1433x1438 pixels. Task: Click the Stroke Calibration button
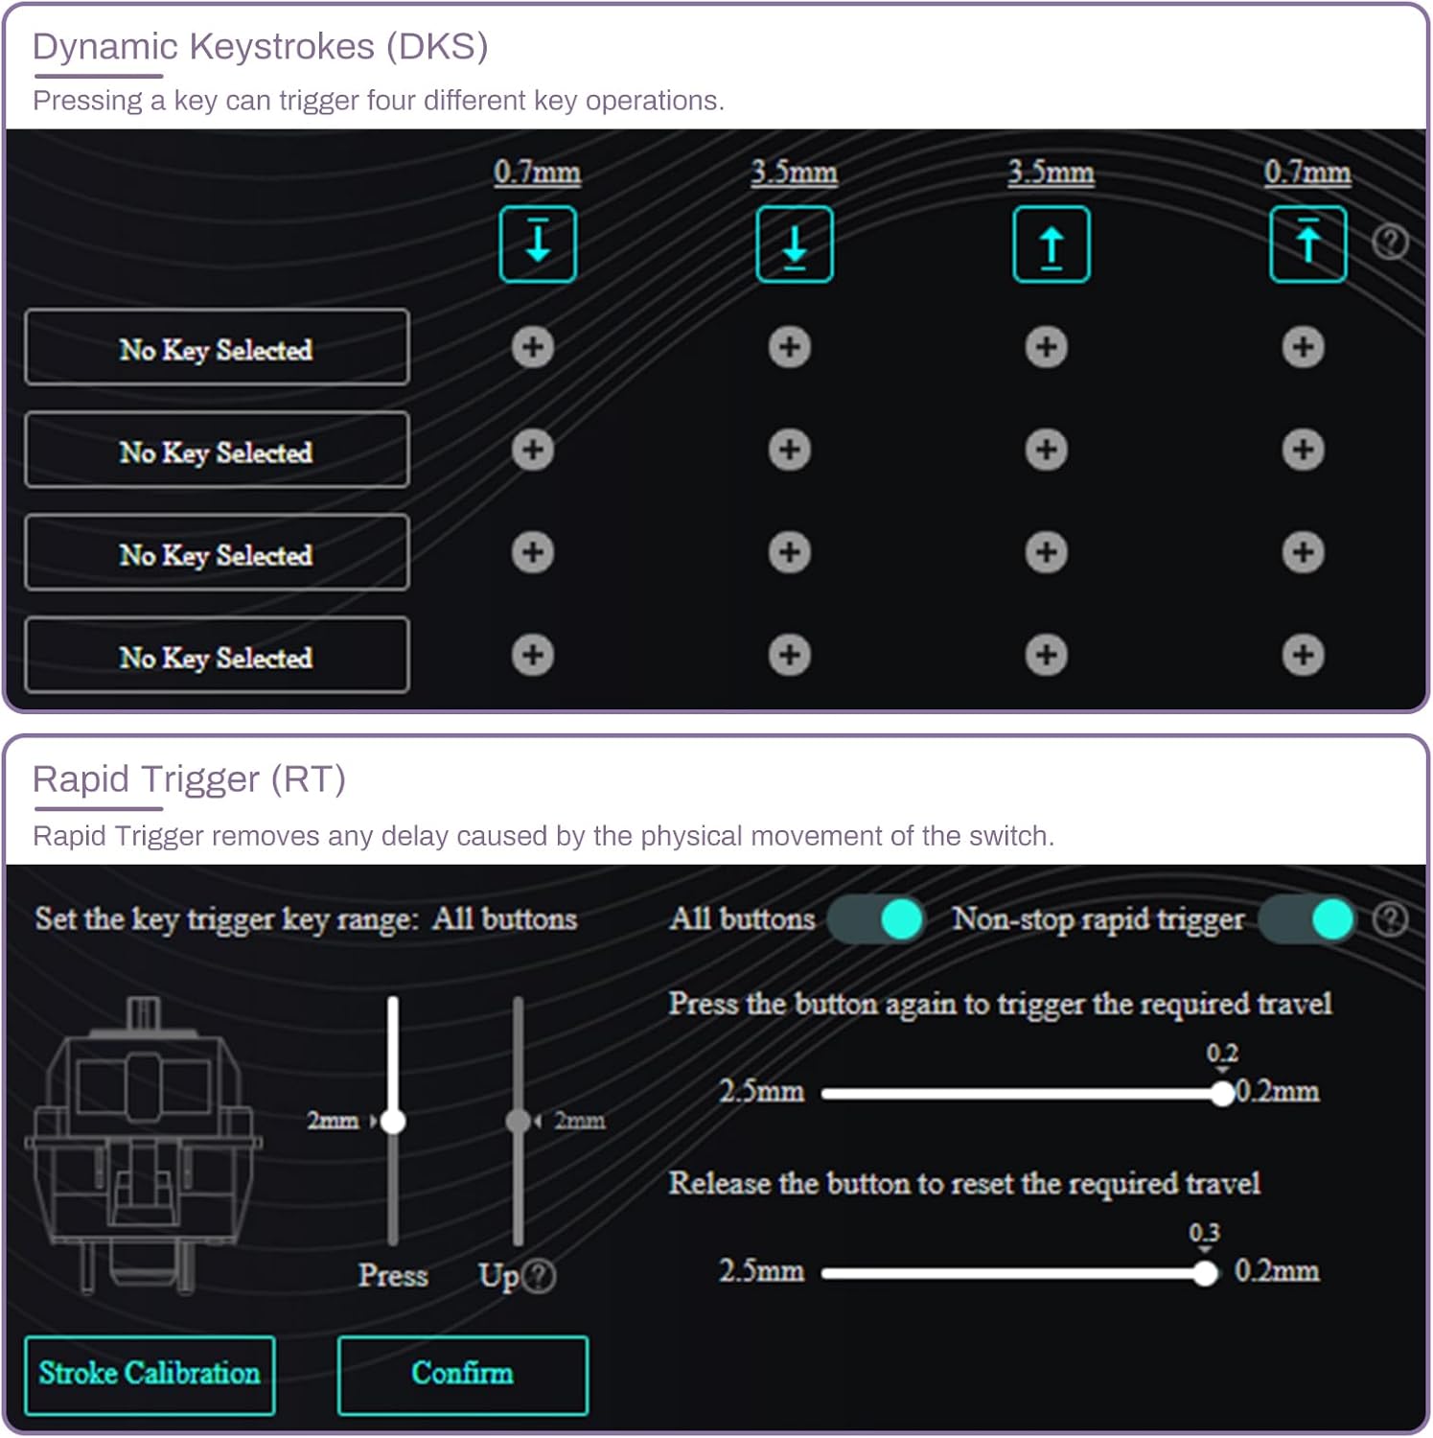click(150, 1375)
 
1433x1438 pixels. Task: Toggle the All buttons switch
click(876, 919)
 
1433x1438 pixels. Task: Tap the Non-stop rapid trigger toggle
click(1307, 919)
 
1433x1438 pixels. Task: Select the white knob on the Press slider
click(393, 1121)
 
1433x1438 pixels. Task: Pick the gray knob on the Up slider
click(519, 1121)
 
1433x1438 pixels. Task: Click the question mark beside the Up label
click(541, 1276)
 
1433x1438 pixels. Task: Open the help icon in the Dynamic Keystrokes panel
click(1390, 242)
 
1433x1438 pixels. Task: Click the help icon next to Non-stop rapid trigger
click(1390, 919)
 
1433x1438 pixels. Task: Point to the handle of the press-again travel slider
click(1222, 1093)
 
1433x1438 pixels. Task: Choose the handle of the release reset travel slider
click(1205, 1273)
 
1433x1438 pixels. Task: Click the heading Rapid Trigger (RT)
click(189, 779)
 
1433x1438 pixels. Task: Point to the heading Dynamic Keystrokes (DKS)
click(261, 46)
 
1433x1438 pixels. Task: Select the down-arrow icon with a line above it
click(538, 244)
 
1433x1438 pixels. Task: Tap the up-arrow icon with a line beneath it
click(1052, 244)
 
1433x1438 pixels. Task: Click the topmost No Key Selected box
click(217, 347)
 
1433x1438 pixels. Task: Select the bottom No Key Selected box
click(217, 656)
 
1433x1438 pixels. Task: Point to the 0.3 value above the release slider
click(1205, 1233)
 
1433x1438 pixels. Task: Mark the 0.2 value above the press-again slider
click(1222, 1054)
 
